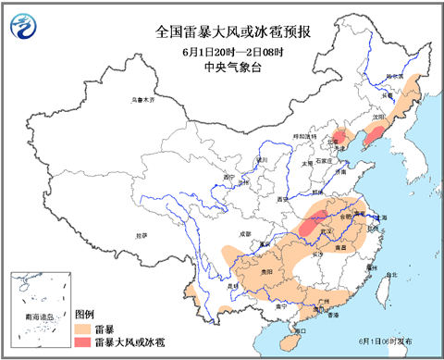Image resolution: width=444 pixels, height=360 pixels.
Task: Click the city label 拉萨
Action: coord(141,235)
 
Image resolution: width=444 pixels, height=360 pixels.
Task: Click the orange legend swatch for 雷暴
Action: coord(82,328)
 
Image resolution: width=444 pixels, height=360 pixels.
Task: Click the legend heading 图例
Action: coord(85,314)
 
